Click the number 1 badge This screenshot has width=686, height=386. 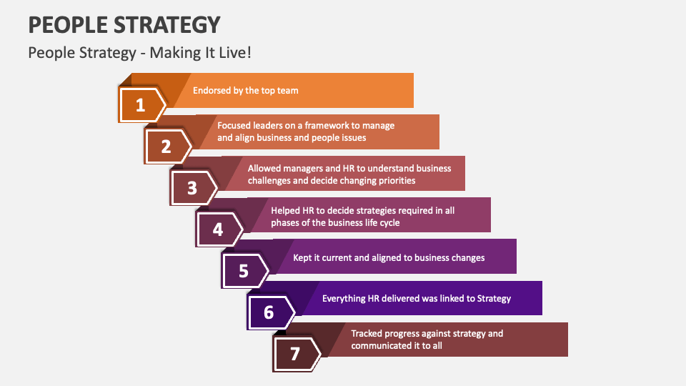point(141,106)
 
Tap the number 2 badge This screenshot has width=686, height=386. point(166,147)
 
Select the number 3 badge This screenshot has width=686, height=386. point(192,188)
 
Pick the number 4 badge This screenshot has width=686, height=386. point(218,229)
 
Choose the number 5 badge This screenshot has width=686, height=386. point(244,271)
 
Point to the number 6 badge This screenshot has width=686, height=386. point(269,312)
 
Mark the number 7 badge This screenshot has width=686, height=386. point(295,354)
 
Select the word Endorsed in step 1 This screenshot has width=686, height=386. point(212,91)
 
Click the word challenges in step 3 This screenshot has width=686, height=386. point(271,181)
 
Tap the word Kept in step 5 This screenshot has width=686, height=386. point(303,257)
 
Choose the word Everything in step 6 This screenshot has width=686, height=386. point(346,299)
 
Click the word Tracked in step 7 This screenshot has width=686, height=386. point(368,333)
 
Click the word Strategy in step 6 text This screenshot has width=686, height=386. point(493,299)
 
